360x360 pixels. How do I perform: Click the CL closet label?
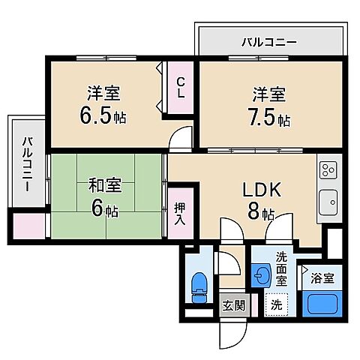tap(181, 88)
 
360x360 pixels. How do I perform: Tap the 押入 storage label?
tap(180, 213)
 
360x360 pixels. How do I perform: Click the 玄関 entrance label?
tap(233, 305)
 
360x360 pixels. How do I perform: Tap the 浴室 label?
tap(323, 277)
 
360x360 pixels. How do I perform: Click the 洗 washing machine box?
tap(277, 305)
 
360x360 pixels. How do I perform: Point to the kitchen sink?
tap(328, 202)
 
